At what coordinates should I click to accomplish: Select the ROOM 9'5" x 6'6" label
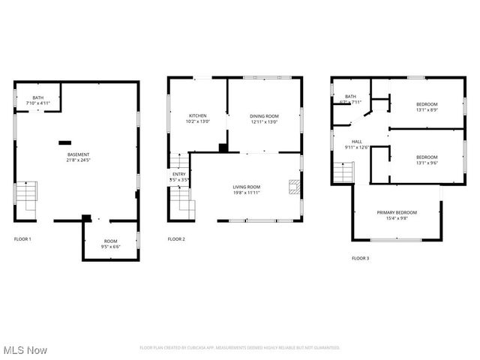pyautogui.click(x=110, y=241)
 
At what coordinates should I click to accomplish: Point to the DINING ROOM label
pyautogui.click(x=264, y=115)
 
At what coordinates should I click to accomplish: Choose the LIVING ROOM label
pyautogui.click(x=246, y=187)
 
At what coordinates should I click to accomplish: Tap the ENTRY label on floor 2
pyautogui.click(x=178, y=175)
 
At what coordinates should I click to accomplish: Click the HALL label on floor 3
pyautogui.click(x=357, y=142)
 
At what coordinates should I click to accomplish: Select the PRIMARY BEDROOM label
pyautogui.click(x=397, y=212)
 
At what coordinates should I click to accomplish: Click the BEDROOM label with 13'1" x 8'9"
pyautogui.click(x=427, y=103)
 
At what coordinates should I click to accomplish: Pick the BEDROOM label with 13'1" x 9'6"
pyautogui.click(x=427, y=157)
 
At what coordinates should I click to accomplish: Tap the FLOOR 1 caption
pyautogui.click(x=22, y=238)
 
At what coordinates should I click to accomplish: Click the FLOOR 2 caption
pyautogui.click(x=176, y=238)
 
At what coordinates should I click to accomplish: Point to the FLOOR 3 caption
pyautogui.click(x=360, y=258)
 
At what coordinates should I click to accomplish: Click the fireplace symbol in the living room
pyautogui.click(x=294, y=187)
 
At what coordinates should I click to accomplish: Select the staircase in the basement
pyautogui.click(x=27, y=199)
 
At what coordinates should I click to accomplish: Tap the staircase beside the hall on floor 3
pyautogui.click(x=343, y=172)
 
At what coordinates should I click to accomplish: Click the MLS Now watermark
pyautogui.click(x=25, y=350)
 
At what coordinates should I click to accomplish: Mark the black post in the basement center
pyautogui.click(x=65, y=141)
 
